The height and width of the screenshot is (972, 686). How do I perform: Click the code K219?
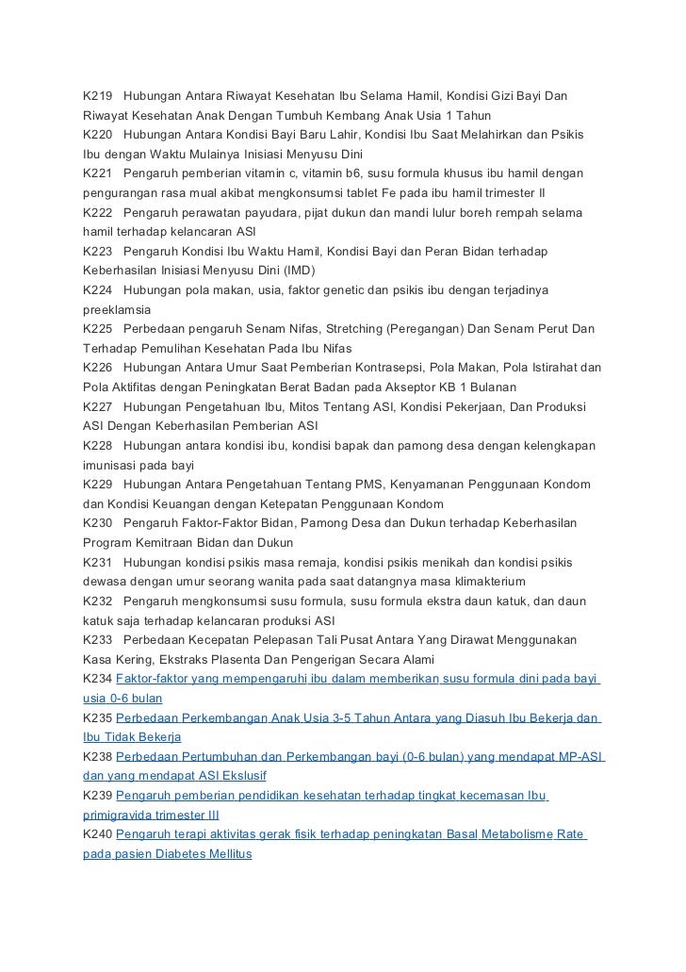tap(98, 97)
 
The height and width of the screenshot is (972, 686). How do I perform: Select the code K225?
tap(98, 329)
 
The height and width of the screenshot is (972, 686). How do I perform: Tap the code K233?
tap(98, 639)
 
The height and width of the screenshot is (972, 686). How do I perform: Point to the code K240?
tap(98, 834)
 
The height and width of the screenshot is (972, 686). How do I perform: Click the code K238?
tap(98, 756)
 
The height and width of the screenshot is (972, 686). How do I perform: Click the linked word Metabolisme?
tap(507, 834)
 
